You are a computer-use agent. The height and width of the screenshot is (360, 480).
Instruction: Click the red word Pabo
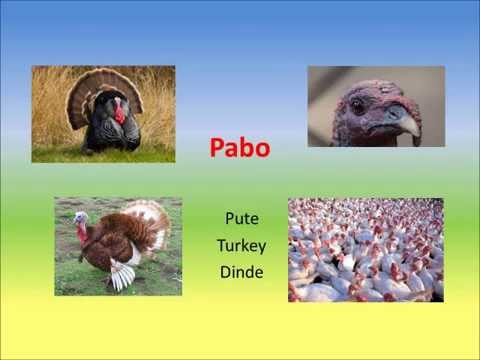tap(240, 148)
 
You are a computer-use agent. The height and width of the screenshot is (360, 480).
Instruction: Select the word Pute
tap(240, 217)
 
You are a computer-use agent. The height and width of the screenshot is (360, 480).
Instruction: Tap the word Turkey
tap(240, 244)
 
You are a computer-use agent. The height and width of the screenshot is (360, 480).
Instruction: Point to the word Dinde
tap(240, 271)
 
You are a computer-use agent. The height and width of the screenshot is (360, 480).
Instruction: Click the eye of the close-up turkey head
tap(358, 106)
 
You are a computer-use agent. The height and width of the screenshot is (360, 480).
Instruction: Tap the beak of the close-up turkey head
tap(402, 122)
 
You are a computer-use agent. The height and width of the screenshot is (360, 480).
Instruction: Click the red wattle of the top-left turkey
tap(120, 112)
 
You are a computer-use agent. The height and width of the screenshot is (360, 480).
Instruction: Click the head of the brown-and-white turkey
tap(81, 217)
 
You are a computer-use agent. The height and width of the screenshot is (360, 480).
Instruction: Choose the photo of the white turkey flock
tap(365, 250)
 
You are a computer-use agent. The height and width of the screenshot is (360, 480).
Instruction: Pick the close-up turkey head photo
tap(376, 106)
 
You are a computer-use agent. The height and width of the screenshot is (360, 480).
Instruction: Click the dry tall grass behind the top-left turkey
tap(50, 110)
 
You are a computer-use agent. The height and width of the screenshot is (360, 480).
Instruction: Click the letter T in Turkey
tap(221, 244)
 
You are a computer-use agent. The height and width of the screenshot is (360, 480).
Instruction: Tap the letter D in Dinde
tap(222, 271)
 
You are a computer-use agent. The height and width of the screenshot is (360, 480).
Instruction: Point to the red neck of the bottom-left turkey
tap(83, 233)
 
